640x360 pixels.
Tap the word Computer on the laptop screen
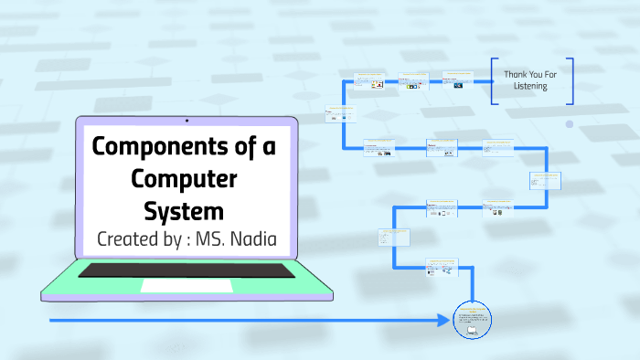[183, 178]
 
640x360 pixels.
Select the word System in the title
[183, 210]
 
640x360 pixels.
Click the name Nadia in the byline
[247, 241]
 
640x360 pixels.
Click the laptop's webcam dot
[187, 120]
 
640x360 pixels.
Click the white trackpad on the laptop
[187, 286]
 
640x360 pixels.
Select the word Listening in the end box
[531, 87]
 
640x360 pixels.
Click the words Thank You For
[531, 74]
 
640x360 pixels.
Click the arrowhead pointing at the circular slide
[444, 321]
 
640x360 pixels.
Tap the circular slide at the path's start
[473, 320]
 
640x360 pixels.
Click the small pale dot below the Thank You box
[569, 123]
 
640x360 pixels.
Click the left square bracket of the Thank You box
[493, 80]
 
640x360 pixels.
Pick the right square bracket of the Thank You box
[571, 80]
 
